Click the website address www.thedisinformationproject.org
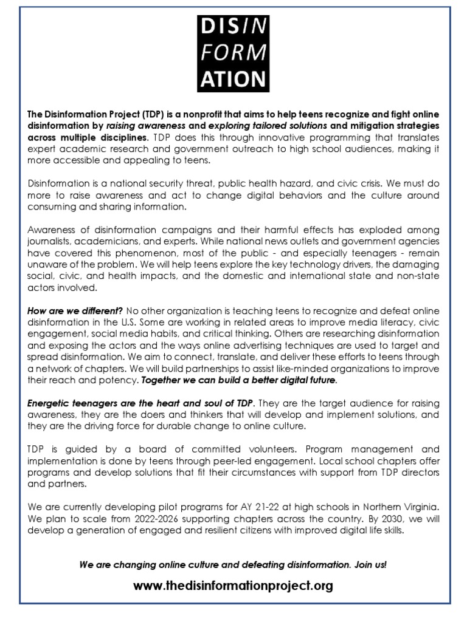233,586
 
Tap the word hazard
301,183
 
